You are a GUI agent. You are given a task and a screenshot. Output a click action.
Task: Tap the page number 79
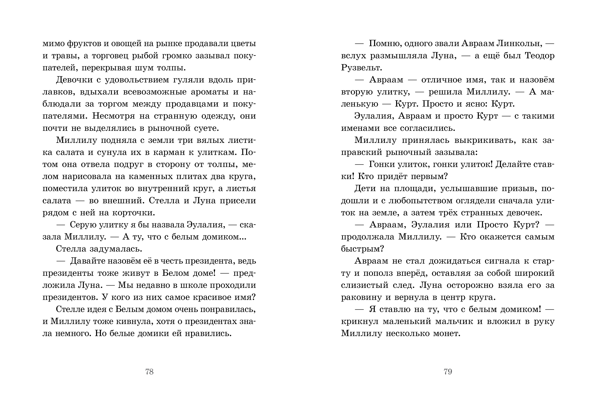(x=448, y=372)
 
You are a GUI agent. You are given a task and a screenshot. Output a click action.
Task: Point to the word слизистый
(x=363, y=285)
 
